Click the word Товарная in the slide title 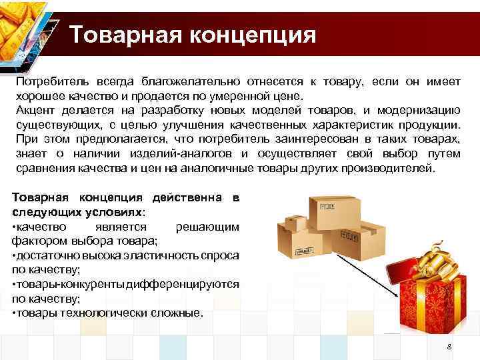tap(119, 34)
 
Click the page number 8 tap(449, 347)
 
